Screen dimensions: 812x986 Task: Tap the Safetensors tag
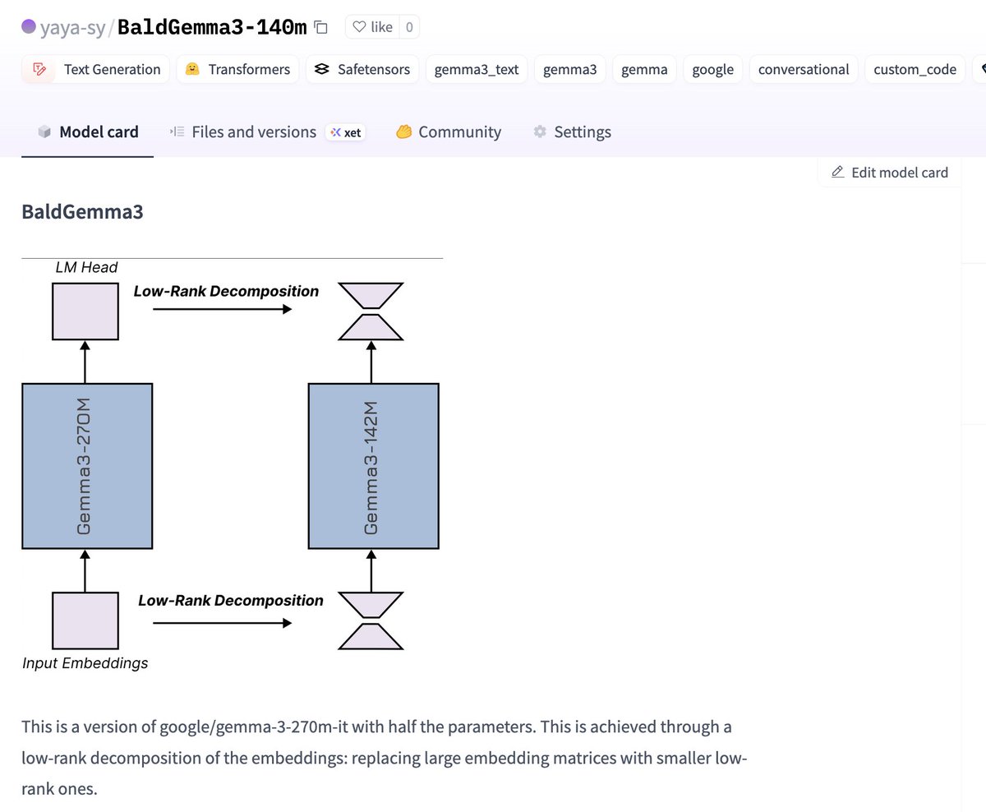[362, 70]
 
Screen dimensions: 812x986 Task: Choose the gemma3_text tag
[477, 70]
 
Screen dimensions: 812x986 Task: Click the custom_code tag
[915, 70]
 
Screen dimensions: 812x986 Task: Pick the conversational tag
[804, 70]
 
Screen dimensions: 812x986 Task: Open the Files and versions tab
[253, 132]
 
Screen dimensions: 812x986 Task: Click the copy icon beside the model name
[321, 28]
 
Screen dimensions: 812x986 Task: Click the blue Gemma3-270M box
[86, 465]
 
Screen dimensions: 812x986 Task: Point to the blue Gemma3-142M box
[373, 465]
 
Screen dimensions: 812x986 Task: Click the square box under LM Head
[85, 311]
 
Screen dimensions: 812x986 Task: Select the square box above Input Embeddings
[85, 620]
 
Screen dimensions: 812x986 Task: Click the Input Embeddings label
[85, 663]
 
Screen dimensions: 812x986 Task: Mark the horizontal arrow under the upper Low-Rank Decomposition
[222, 309]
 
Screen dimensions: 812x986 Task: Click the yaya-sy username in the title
[72, 28]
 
